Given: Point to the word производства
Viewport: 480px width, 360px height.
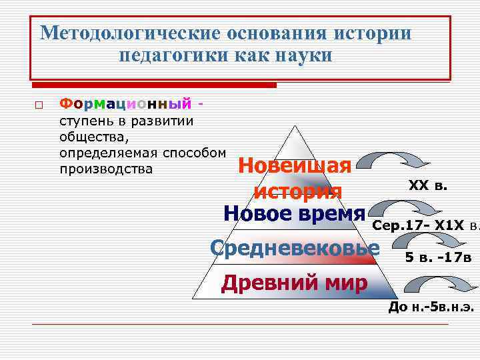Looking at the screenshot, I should pos(107,169).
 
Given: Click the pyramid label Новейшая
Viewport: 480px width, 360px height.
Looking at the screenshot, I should pos(295,165).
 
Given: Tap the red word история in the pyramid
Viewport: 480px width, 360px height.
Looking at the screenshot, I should pos(298,191).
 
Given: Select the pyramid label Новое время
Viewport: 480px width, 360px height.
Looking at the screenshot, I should pos(295,213).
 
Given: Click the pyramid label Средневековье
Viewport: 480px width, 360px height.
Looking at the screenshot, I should pos(295,248).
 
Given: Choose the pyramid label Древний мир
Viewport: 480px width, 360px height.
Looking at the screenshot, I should pos(294,283).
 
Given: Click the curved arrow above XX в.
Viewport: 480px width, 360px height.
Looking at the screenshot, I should pos(391,160).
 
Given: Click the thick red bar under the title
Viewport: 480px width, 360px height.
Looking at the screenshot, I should pos(154,85).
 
